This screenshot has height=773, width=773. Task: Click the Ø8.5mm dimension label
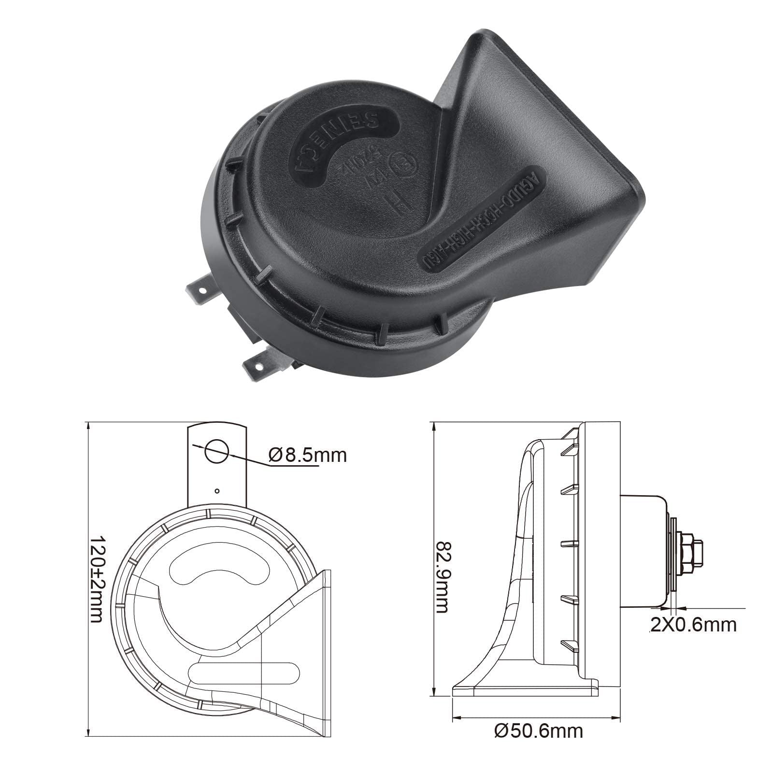coord(308,455)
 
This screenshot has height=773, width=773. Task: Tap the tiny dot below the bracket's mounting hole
coord(217,491)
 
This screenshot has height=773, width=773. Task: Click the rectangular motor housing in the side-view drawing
coord(643,551)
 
